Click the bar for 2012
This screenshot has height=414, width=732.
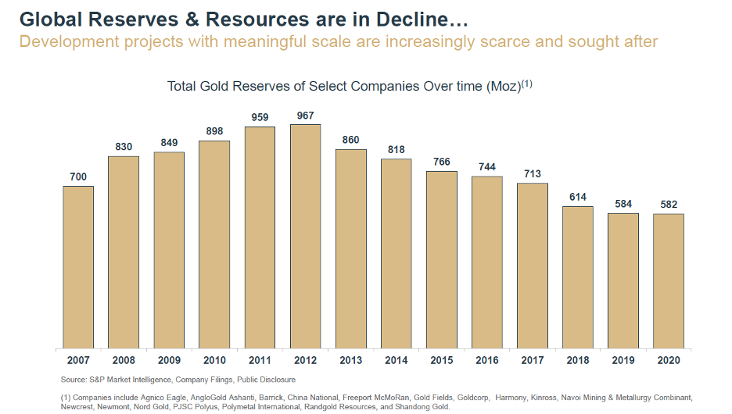[305, 236]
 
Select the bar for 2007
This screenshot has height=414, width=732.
[78, 266]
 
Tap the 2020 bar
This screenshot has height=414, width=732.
[669, 280]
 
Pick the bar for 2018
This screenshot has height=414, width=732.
[578, 277]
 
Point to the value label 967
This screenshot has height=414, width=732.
[305, 116]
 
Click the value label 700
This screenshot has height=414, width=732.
[78, 177]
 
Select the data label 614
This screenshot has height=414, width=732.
[578, 198]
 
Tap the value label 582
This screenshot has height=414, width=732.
[669, 205]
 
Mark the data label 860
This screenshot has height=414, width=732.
[350, 141]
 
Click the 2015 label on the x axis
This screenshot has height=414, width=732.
[442, 361]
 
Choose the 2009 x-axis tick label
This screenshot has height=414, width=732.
[169, 361]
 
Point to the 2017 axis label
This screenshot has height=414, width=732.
[533, 361]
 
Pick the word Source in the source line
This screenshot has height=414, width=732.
[74, 380]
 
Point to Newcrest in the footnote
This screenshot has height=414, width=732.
[77, 407]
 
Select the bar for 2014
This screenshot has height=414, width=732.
[396, 253]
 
